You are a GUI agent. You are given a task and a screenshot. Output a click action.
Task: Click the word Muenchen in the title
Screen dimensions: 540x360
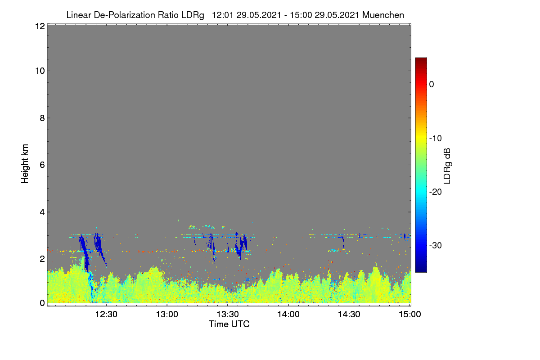click(x=383, y=15)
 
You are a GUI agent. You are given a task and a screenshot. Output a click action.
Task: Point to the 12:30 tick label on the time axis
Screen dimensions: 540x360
click(x=106, y=314)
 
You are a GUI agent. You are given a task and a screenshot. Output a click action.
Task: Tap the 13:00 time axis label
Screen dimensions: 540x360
click(x=167, y=314)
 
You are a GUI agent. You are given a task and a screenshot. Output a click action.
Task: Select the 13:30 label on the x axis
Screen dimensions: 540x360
click(x=228, y=314)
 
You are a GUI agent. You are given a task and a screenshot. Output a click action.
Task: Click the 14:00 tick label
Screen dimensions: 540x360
click(x=288, y=314)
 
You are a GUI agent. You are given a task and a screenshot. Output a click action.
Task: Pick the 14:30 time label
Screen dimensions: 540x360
click(x=349, y=314)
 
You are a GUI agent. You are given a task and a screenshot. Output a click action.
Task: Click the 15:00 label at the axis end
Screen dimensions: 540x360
click(x=410, y=314)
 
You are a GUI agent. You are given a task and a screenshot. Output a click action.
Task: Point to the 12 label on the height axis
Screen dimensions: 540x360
click(x=40, y=26)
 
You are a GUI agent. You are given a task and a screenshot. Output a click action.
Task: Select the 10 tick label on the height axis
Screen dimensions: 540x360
click(x=40, y=71)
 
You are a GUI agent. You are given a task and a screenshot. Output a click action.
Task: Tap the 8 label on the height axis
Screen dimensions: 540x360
click(x=42, y=118)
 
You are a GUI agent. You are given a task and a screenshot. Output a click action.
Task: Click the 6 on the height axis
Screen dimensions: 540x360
click(x=42, y=165)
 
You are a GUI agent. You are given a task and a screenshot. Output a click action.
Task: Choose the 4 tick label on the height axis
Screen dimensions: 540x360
click(x=42, y=212)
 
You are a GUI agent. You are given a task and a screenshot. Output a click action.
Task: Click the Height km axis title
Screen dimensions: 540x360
click(x=25, y=164)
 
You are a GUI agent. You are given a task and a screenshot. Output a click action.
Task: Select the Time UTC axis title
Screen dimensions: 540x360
click(x=229, y=324)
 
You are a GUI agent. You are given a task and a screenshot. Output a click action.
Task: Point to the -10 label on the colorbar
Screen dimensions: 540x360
click(x=436, y=139)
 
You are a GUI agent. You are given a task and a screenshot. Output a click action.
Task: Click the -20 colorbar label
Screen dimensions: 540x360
click(x=436, y=192)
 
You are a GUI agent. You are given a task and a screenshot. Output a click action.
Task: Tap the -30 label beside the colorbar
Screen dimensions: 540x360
click(x=436, y=245)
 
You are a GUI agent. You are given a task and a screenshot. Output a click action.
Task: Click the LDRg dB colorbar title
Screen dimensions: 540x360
click(x=447, y=166)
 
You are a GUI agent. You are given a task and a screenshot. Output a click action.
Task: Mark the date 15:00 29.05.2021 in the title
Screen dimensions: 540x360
click(x=324, y=15)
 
